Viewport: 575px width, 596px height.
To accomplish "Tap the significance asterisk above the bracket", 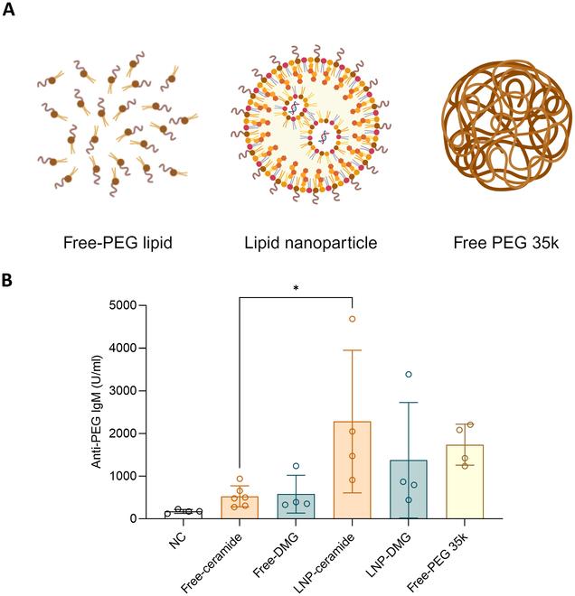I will (x=295, y=288).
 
